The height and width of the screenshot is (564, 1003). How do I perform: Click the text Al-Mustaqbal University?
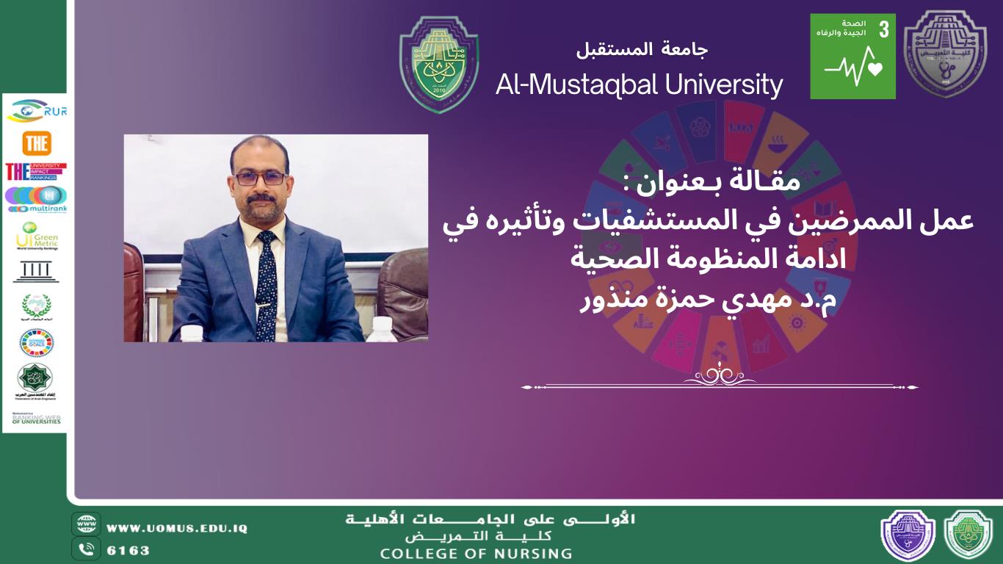click(639, 85)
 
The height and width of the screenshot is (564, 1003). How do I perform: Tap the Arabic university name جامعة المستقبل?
click(642, 50)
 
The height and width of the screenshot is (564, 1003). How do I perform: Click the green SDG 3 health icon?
click(852, 57)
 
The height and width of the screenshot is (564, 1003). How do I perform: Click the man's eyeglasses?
click(260, 178)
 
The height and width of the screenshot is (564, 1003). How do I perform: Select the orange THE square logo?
click(37, 143)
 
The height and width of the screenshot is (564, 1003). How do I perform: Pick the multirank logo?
click(36, 199)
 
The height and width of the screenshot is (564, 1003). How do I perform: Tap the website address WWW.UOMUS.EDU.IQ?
click(177, 528)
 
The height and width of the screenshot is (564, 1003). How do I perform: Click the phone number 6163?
click(128, 550)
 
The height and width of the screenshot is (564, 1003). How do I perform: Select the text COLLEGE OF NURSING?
click(476, 553)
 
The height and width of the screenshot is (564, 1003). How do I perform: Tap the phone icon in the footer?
click(86, 549)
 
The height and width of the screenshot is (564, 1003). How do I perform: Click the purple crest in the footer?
click(908, 535)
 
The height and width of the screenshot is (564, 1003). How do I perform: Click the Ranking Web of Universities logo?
click(36, 419)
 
